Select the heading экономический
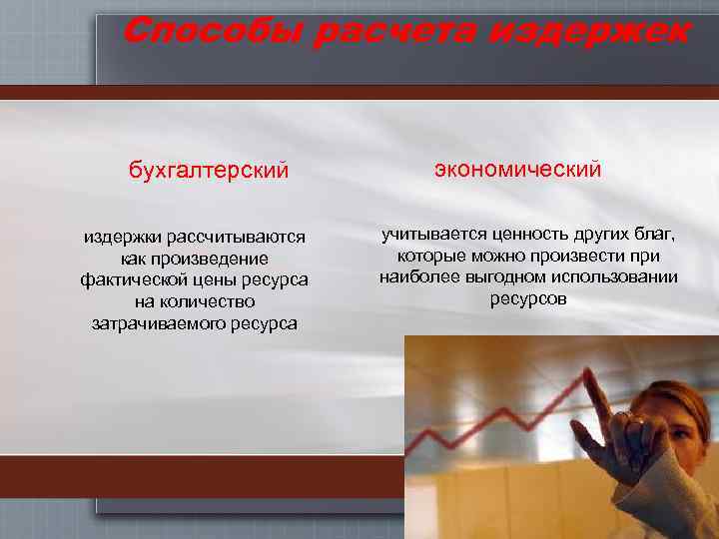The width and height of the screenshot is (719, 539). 517,170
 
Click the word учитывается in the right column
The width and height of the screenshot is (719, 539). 431,235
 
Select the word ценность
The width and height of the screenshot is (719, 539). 530,235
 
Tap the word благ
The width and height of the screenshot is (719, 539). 653,235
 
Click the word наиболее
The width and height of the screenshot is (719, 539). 415,276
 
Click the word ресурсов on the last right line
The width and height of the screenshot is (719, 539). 528,298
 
